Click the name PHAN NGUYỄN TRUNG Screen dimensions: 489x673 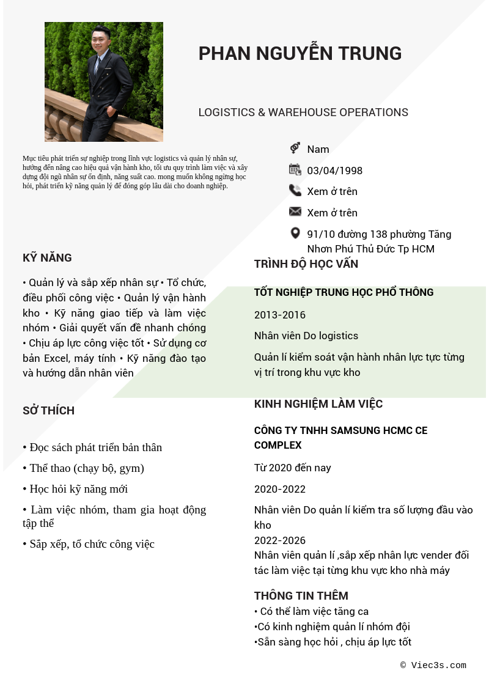pos(300,54)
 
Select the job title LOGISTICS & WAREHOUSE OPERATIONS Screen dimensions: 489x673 pos(303,112)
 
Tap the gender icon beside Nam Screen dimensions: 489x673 pos(295,148)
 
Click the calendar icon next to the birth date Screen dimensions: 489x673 pos(295,170)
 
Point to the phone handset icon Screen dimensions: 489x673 pos(295,191)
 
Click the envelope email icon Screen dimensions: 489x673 pos(295,211)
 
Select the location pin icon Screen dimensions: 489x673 pos(295,233)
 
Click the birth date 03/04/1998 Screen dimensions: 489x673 pos(334,171)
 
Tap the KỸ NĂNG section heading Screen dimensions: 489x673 pos(47,258)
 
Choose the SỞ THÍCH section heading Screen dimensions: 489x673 pos(48,411)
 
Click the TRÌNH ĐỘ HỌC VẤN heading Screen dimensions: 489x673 pos(306,264)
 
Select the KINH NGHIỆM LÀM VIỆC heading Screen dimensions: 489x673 pos(318,404)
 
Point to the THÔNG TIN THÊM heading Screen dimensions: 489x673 pos(301,596)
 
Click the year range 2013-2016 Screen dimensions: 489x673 pos(279,315)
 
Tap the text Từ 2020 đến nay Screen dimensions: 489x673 pos(292,468)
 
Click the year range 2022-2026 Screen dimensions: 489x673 pos(279,540)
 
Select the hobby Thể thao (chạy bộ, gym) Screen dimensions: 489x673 pos(86,468)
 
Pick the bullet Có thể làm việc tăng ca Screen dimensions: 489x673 pos(314,611)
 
